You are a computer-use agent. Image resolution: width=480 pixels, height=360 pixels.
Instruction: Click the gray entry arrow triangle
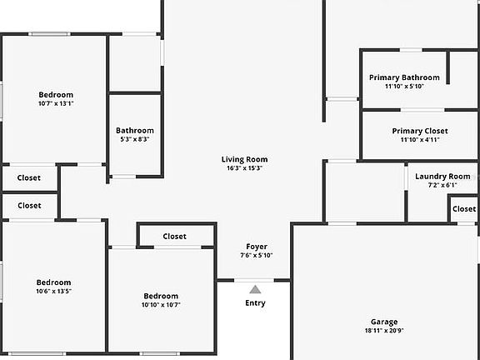pyautogui.click(x=255, y=290)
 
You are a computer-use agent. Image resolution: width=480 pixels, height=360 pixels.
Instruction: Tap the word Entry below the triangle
pyautogui.click(x=255, y=303)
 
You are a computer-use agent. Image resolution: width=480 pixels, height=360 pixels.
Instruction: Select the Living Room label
pyautogui.click(x=245, y=159)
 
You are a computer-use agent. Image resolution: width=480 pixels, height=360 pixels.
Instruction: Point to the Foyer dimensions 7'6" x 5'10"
pyautogui.click(x=257, y=255)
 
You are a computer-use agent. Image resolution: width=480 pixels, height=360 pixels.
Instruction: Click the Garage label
pyautogui.click(x=384, y=322)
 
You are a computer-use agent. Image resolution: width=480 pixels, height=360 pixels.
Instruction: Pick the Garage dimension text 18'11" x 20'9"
pyautogui.click(x=384, y=331)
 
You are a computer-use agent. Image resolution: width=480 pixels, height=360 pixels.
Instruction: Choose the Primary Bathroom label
pyautogui.click(x=404, y=77)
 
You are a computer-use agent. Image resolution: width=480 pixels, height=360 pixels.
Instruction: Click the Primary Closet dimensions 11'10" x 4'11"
pyautogui.click(x=420, y=140)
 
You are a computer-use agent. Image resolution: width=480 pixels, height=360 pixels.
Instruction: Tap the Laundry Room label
pyautogui.click(x=442, y=177)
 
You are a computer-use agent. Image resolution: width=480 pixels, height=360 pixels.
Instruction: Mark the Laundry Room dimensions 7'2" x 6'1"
pyautogui.click(x=442, y=185)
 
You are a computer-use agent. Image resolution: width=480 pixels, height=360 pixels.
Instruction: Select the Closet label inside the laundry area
pyautogui.click(x=464, y=209)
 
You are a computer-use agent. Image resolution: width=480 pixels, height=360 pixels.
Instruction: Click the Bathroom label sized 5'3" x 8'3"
pyautogui.click(x=135, y=131)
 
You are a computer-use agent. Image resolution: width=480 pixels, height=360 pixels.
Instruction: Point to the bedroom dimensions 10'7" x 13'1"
pyautogui.click(x=56, y=103)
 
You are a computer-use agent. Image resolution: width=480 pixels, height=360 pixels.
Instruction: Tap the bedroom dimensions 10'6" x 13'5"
pyautogui.click(x=54, y=291)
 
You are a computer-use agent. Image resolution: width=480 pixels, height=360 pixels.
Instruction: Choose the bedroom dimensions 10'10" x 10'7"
pyautogui.click(x=161, y=305)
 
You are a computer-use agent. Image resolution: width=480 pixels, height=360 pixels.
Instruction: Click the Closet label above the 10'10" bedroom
pyautogui.click(x=174, y=237)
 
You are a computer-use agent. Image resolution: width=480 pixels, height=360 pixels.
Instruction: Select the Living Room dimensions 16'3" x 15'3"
pyautogui.click(x=245, y=168)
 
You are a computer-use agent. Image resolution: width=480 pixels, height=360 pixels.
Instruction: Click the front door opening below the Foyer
pyautogui.click(x=254, y=280)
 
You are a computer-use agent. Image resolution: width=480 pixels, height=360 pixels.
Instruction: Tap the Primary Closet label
pyautogui.click(x=420, y=131)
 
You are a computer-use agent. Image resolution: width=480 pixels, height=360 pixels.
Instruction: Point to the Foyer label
pyautogui.click(x=257, y=247)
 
